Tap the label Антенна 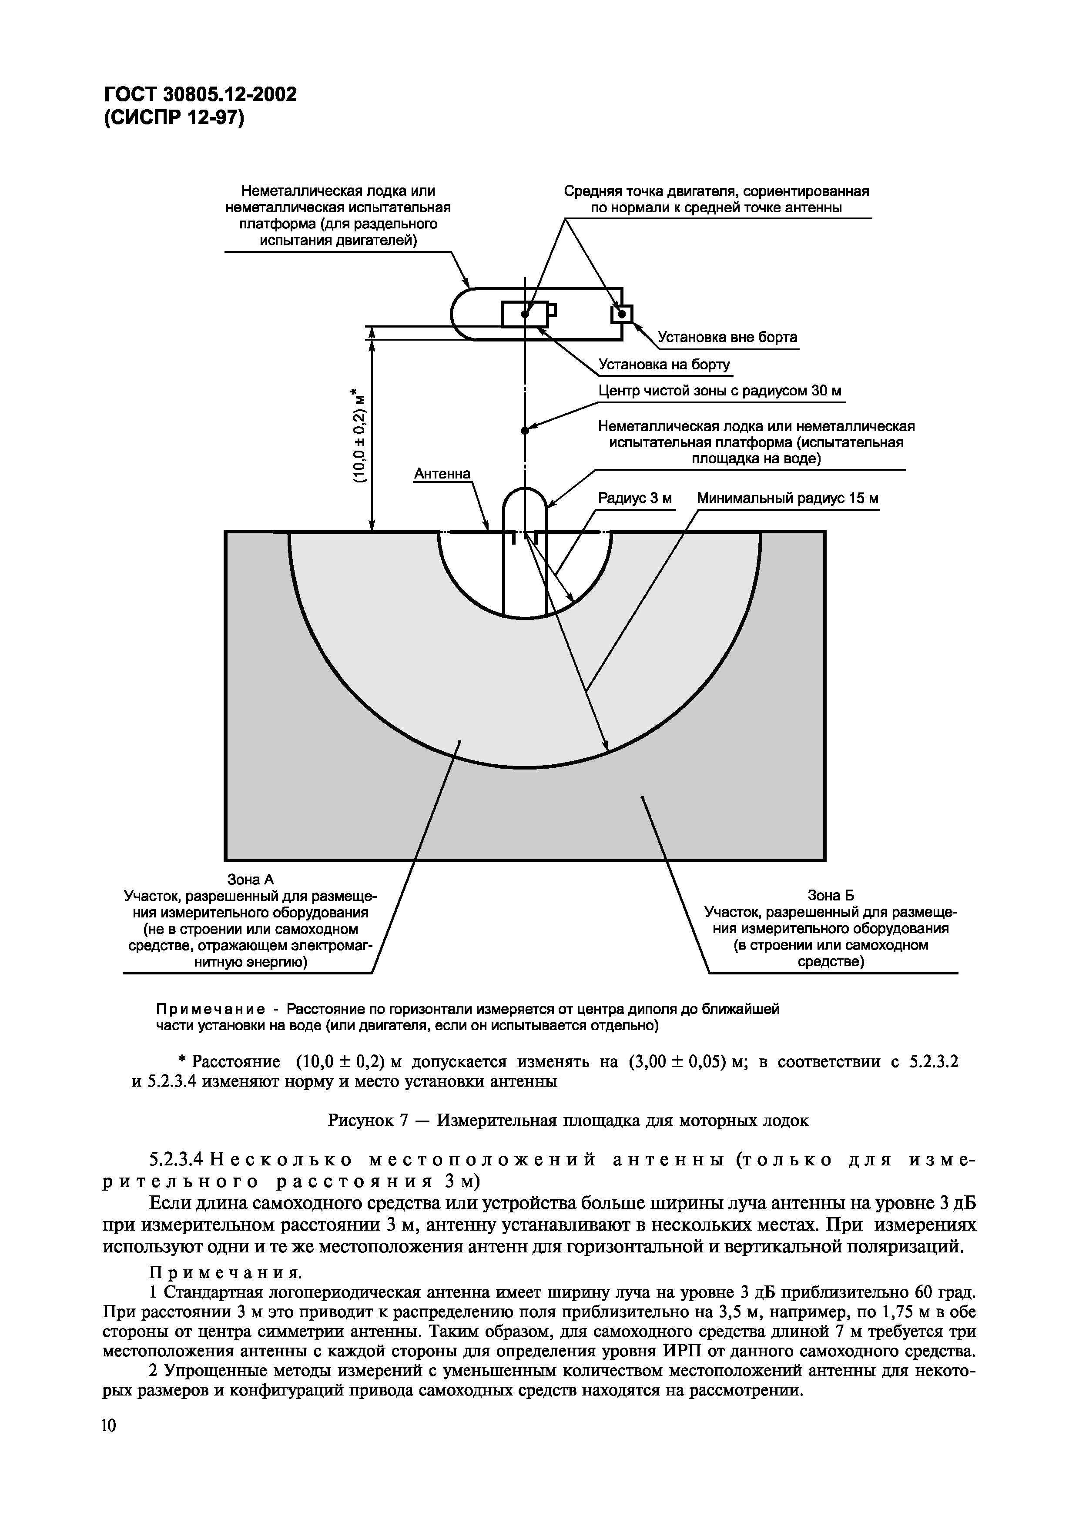442,473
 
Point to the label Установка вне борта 727,337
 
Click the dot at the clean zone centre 525,431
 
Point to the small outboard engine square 622,313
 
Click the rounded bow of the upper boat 462,314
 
